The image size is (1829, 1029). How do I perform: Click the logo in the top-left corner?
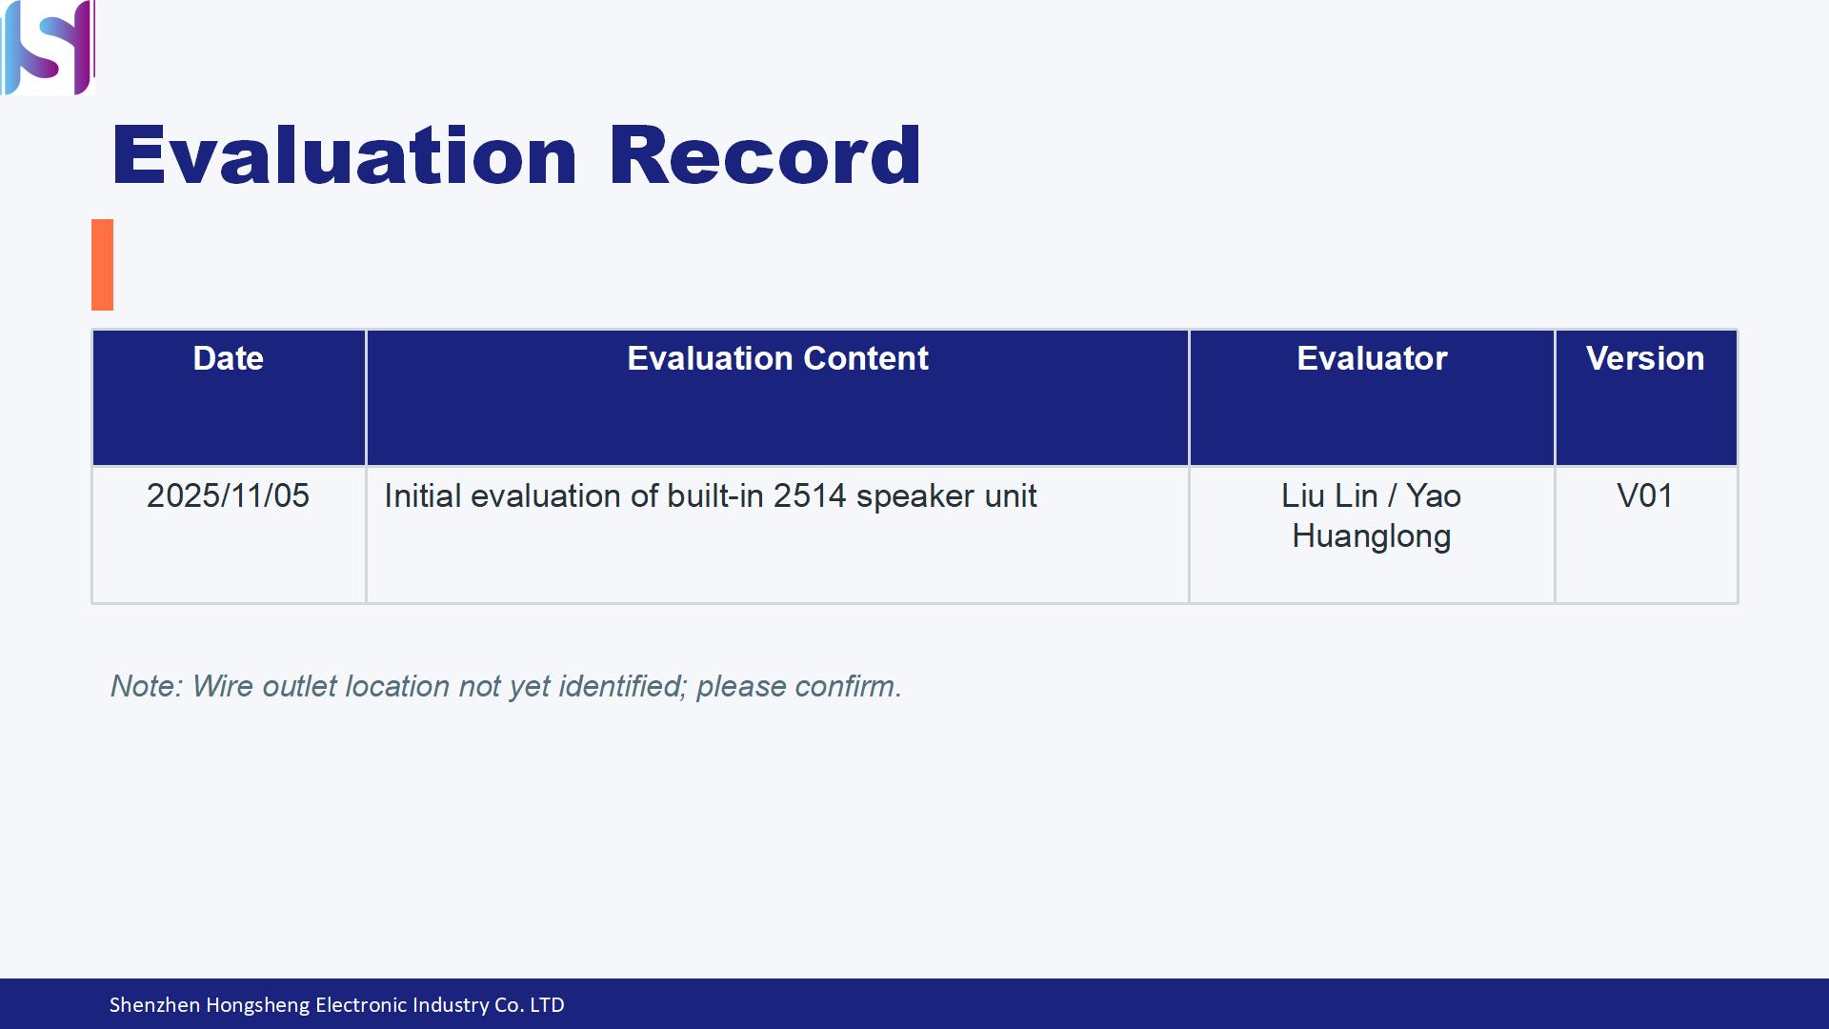tap(48, 48)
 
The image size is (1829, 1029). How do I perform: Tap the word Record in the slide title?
tap(765, 155)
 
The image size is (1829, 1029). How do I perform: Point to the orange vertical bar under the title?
tap(102, 265)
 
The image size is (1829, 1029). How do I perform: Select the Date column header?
tap(228, 358)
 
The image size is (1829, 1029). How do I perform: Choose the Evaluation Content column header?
tap(777, 358)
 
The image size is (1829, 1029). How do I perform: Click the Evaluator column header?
tap(1372, 358)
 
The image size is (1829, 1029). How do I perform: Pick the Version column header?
tap(1645, 358)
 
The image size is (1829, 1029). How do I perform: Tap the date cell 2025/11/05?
tap(228, 495)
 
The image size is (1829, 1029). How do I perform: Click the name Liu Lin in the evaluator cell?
tap(1329, 495)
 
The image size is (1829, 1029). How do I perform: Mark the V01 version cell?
tap(1645, 495)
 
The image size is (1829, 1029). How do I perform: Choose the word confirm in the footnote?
tap(848, 686)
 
